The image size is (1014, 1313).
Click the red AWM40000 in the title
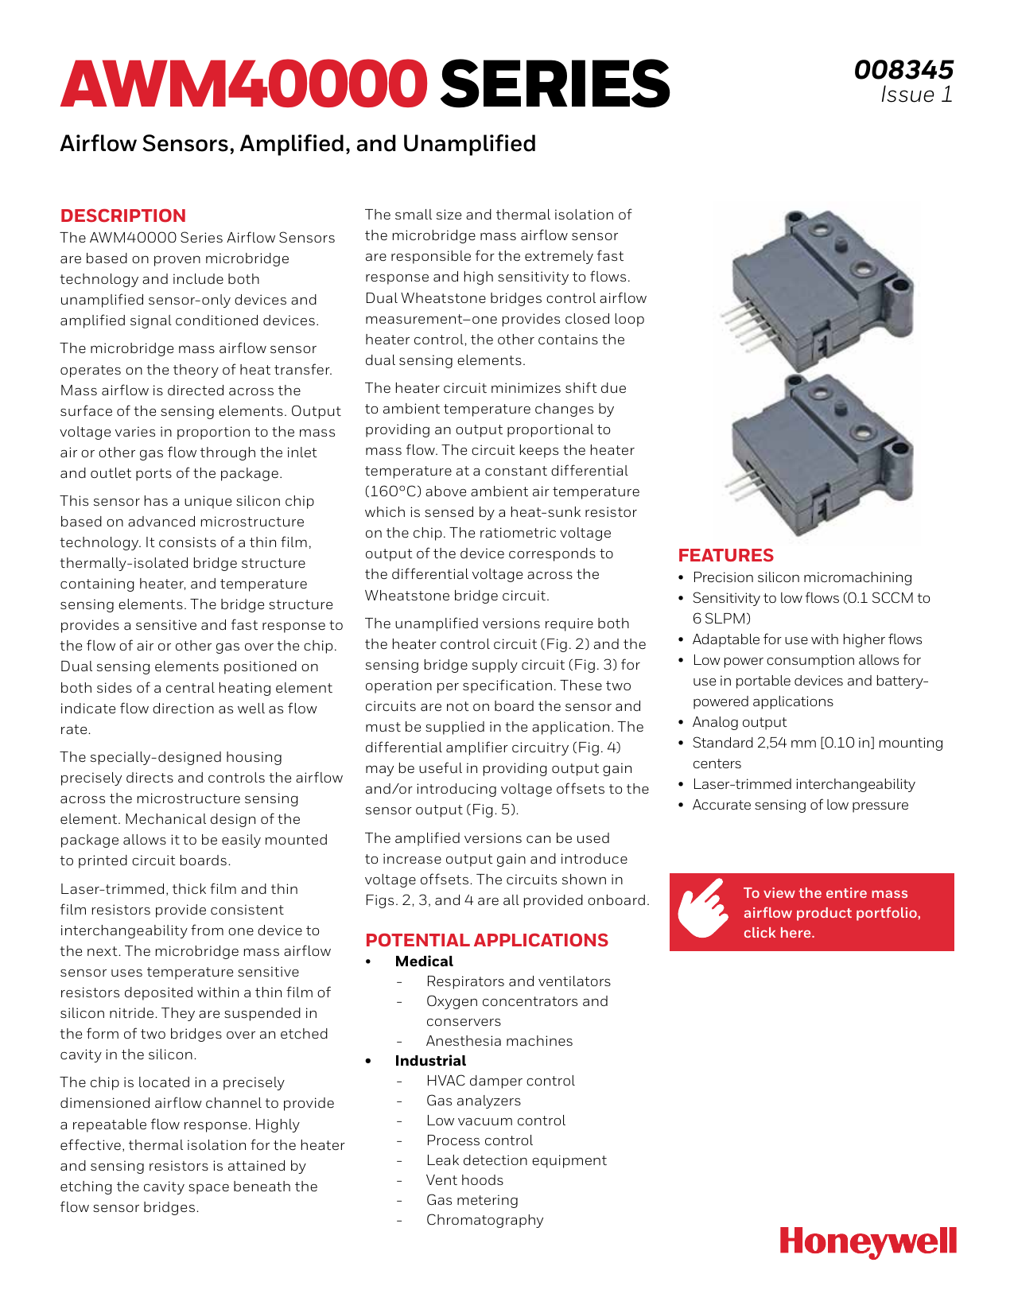(243, 84)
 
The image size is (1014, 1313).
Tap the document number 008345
(903, 70)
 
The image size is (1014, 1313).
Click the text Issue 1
(915, 95)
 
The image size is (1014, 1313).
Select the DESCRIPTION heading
(123, 216)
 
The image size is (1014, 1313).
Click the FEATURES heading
(725, 555)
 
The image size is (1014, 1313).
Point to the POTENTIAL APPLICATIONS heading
(487, 940)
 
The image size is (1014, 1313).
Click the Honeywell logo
(868, 1241)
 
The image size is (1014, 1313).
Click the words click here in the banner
(779, 933)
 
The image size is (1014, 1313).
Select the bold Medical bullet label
(424, 961)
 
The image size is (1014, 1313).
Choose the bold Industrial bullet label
(430, 1061)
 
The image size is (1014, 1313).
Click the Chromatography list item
(484, 1220)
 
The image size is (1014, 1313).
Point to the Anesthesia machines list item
(499, 1041)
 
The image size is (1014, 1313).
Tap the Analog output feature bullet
(739, 722)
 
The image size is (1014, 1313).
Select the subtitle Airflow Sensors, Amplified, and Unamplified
(297, 144)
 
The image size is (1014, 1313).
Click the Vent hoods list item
(464, 1180)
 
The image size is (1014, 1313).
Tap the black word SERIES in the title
(555, 84)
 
